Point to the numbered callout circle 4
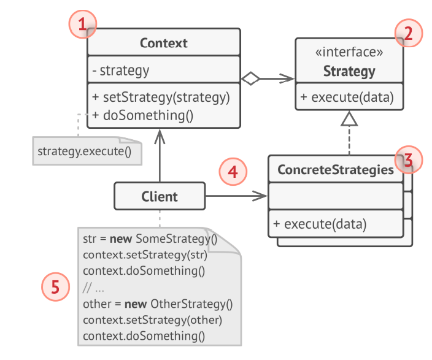pyautogui.click(x=233, y=172)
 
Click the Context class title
pyautogui.click(x=163, y=43)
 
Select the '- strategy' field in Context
pyautogui.click(x=120, y=71)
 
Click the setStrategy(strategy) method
pyautogui.click(x=160, y=96)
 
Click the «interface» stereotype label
pyautogui.click(x=349, y=53)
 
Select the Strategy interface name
pyautogui.click(x=349, y=71)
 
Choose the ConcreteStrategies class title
pyautogui.click(x=336, y=170)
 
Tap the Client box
pyautogui.click(x=160, y=196)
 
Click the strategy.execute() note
pyautogui.click(x=85, y=151)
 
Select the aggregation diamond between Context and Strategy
pyautogui.click(x=250, y=78)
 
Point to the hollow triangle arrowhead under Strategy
pyautogui.click(x=349, y=119)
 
